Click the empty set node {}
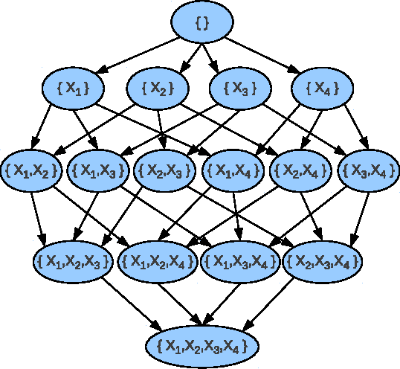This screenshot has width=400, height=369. point(202,23)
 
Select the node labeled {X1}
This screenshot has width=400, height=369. point(73,89)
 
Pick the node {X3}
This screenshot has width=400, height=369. point(239,89)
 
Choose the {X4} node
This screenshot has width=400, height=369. point(323,89)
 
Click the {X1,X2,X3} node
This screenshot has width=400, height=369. point(73,260)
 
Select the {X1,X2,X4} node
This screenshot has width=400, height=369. point(156,260)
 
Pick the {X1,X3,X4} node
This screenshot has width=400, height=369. point(239,260)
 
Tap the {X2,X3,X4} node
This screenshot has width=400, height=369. point(323,260)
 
